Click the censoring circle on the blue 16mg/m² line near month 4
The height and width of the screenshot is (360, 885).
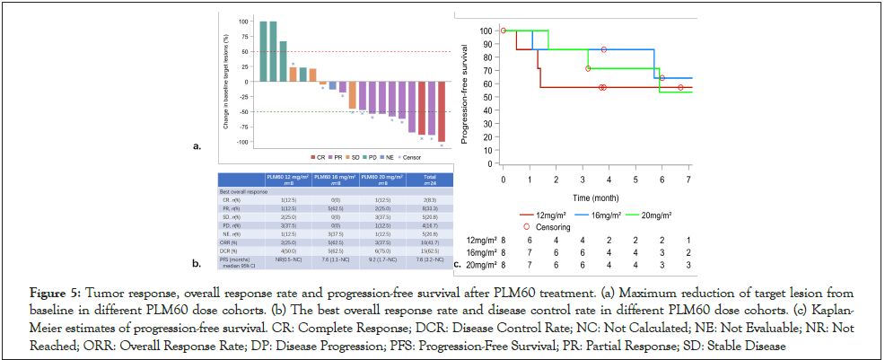coord(604,49)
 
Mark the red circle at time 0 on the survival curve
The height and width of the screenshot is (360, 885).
coord(504,30)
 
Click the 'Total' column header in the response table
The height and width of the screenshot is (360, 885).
coord(429,179)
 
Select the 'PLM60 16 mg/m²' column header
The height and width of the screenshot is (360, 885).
coord(333,179)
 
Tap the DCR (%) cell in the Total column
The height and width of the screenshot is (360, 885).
coord(429,250)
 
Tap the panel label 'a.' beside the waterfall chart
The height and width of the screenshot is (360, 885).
coord(197,145)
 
